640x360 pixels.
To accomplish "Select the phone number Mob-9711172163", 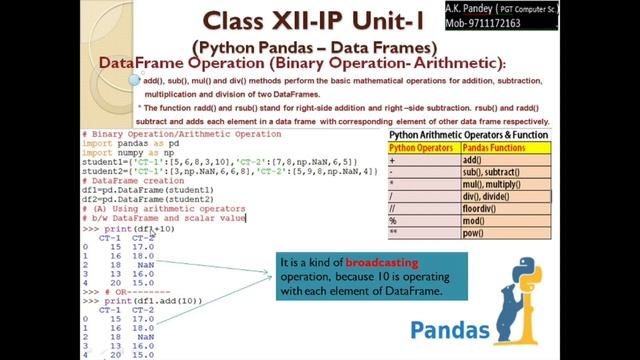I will (560, 22).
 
